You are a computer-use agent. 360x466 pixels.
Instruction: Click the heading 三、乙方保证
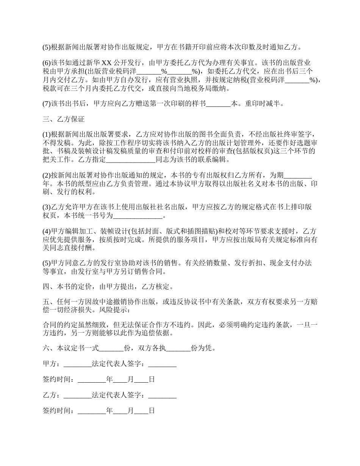point(63,119)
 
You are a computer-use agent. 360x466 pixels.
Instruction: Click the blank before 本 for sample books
point(219,104)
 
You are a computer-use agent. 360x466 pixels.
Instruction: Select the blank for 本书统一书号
point(138,216)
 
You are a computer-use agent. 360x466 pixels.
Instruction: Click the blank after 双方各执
point(178,348)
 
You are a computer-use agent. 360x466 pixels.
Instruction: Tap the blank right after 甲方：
point(78,364)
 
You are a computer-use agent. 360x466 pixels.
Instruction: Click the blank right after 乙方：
point(78,395)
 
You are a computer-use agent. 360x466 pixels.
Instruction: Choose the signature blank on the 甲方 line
point(162,364)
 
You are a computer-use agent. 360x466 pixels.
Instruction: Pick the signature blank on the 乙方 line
point(162,395)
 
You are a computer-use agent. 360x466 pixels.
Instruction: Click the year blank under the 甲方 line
point(92,380)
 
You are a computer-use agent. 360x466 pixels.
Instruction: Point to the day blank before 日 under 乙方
point(141,411)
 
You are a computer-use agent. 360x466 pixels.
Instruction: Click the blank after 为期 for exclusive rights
point(297,175)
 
